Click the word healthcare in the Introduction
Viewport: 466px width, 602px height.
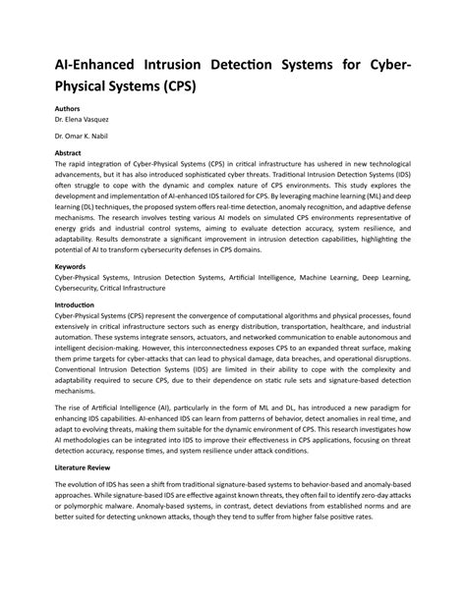[x=342, y=326]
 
